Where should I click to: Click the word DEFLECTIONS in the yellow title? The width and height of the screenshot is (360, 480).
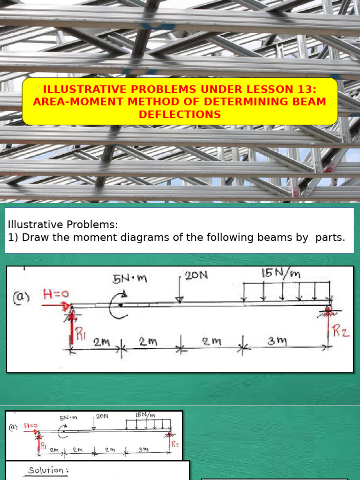coord(180,114)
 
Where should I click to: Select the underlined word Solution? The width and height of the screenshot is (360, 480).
coord(46,470)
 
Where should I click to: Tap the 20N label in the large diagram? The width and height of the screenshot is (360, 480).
coord(196,276)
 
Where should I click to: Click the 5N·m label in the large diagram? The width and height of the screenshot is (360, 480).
coord(130,279)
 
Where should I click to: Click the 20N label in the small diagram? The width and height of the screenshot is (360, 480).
coord(102,415)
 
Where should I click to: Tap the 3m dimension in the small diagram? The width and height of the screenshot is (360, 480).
coord(143,450)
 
